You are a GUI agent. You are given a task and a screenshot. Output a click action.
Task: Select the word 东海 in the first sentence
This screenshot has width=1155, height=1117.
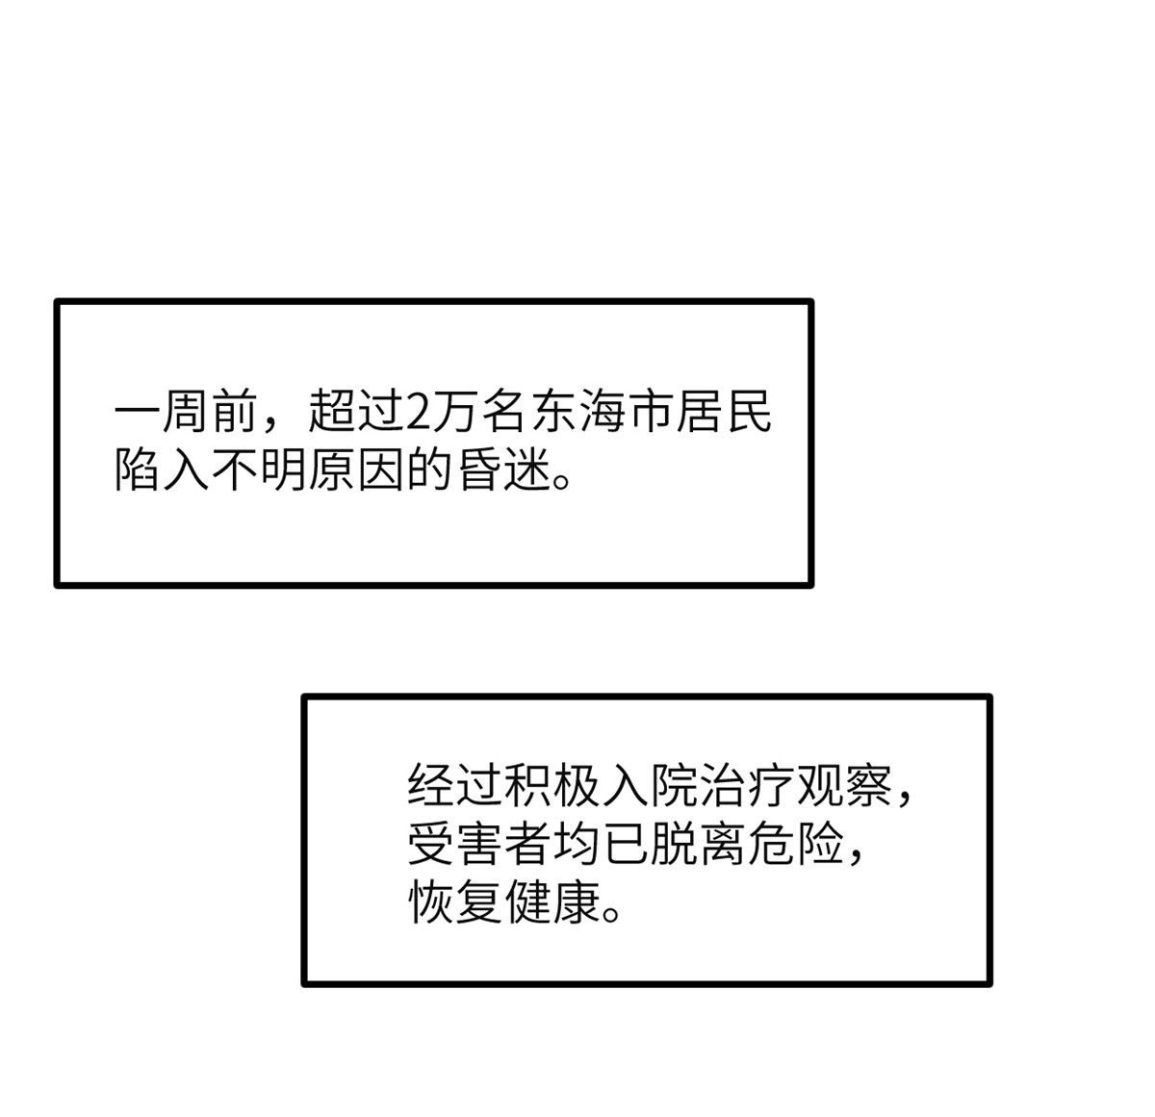(578, 412)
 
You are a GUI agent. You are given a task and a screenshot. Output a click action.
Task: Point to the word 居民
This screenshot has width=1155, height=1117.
(724, 412)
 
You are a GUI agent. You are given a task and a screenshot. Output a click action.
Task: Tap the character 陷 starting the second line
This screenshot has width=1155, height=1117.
(137, 472)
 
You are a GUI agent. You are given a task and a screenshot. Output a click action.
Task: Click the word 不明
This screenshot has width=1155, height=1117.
(258, 472)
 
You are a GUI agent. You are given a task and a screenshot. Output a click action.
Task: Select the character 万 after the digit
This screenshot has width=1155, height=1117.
(455, 412)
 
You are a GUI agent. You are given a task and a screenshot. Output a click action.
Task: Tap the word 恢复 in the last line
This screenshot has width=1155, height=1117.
(455, 902)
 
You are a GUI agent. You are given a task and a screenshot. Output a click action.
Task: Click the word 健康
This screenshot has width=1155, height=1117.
(552, 902)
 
